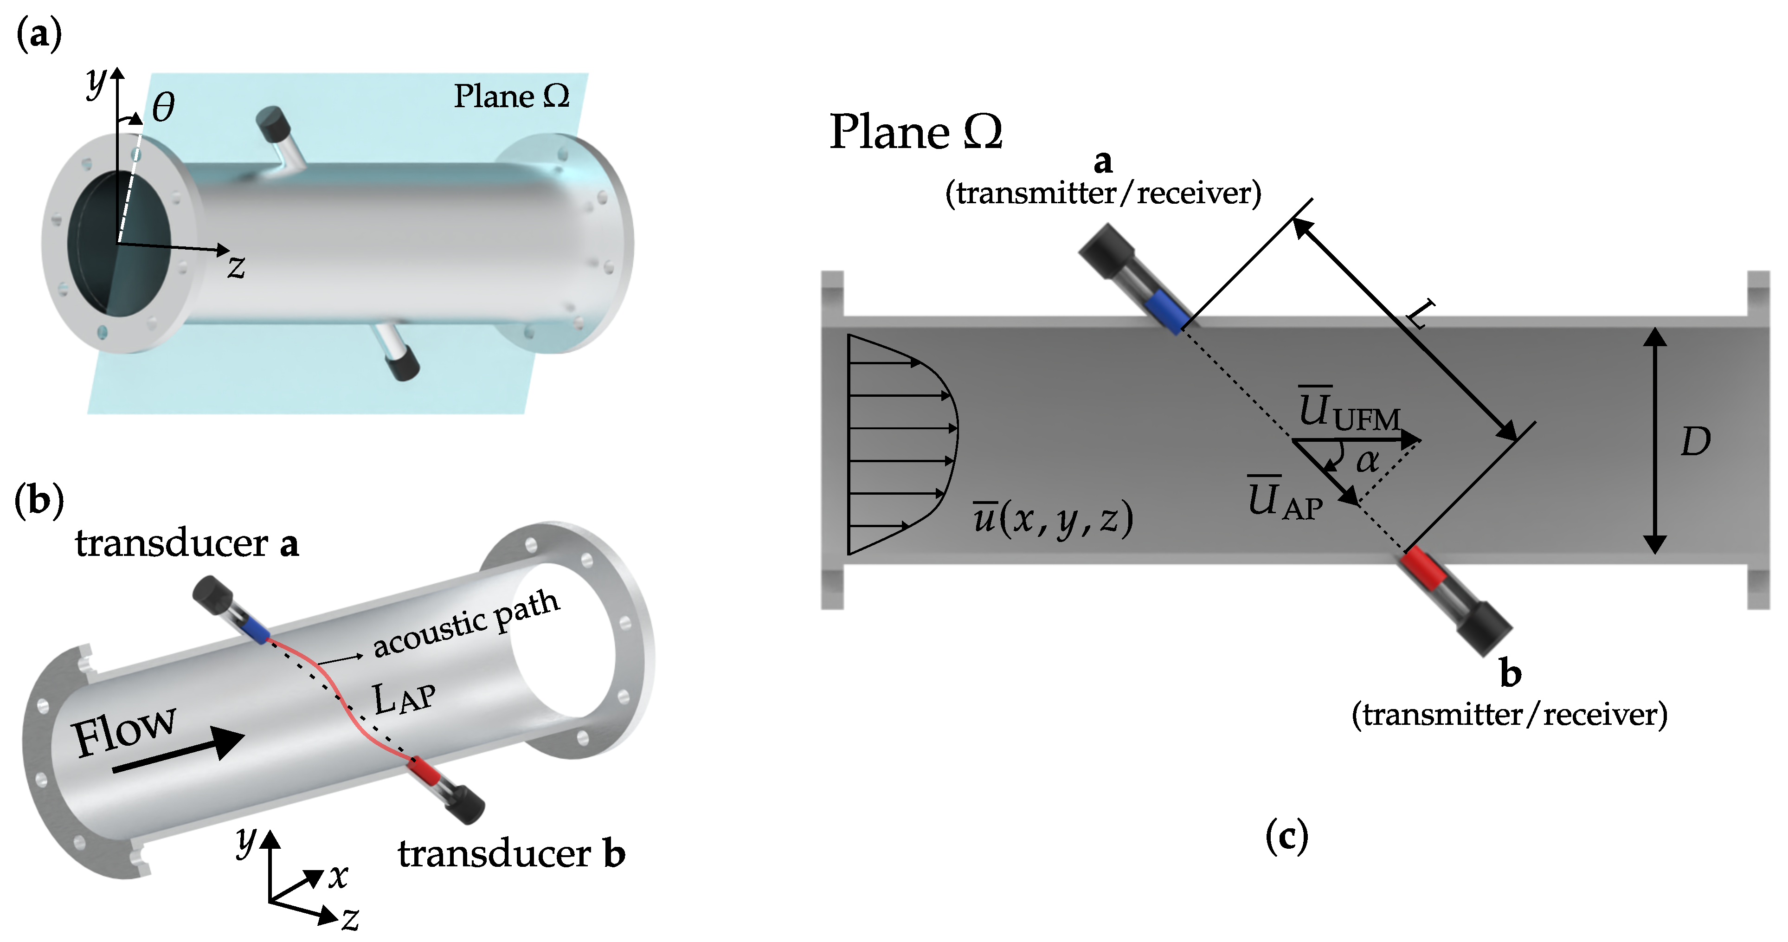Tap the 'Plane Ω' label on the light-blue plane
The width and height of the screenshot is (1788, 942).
click(512, 97)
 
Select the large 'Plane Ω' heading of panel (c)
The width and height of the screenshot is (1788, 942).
click(915, 131)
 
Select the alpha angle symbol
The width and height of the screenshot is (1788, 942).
click(1367, 460)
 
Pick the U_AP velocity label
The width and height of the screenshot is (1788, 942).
click(1285, 500)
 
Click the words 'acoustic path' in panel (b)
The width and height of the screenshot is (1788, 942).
click(466, 624)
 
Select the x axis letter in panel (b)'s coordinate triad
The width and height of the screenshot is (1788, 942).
click(338, 876)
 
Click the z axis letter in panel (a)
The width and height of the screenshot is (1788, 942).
click(237, 267)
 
